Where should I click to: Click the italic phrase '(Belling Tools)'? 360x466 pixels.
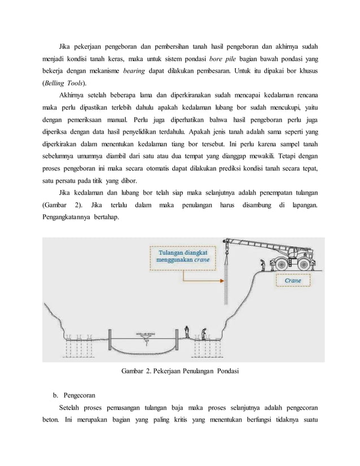(x=63, y=83)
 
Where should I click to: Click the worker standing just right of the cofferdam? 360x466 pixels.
(x=188, y=334)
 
